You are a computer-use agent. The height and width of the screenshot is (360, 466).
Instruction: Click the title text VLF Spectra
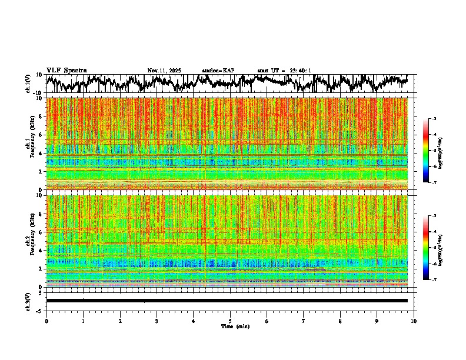pyautogui.click(x=66, y=71)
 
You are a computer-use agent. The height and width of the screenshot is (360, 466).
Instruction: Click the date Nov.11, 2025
pyautogui.click(x=164, y=71)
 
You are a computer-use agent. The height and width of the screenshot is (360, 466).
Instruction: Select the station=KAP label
pyautogui.click(x=218, y=71)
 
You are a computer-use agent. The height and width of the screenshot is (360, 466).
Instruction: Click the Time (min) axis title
pyautogui.click(x=234, y=326)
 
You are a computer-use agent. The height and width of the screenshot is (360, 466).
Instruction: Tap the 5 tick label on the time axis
pyautogui.click(x=230, y=321)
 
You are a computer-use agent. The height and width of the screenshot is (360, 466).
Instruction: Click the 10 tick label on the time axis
pyautogui.click(x=414, y=321)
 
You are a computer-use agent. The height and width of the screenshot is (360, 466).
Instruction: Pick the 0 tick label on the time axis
pyautogui.click(x=46, y=321)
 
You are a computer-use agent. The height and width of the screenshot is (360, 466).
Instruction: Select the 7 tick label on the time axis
pyautogui.click(x=304, y=321)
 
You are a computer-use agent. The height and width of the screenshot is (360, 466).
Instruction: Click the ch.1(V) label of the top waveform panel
pyautogui.click(x=28, y=84)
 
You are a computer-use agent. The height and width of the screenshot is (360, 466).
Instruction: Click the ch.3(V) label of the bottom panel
pyautogui.click(x=28, y=301)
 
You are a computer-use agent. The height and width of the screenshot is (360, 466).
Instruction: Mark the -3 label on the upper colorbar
pyautogui.click(x=434, y=119)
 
